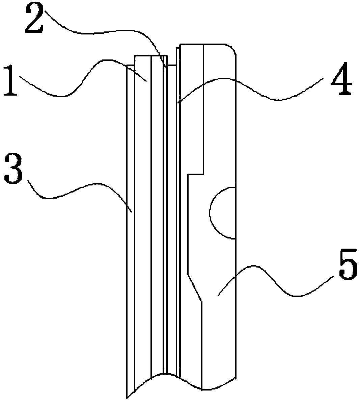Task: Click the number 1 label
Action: pyautogui.click(x=11, y=81)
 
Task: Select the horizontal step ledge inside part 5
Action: pyautogui.click(x=196, y=174)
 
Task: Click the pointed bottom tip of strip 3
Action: pyautogui.click(x=127, y=398)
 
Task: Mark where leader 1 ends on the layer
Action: pyautogui.click(x=146, y=81)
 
